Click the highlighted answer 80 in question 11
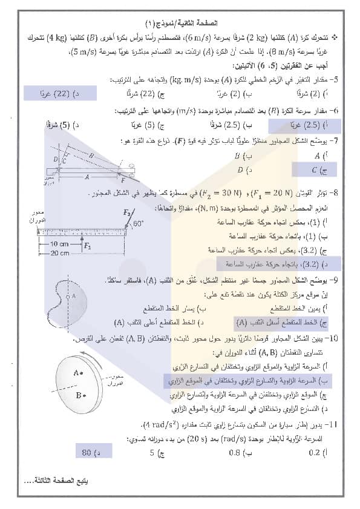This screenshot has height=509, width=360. pos(90,451)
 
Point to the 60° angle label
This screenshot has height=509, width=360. pos(139,223)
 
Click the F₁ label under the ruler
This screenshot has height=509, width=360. pos(88,246)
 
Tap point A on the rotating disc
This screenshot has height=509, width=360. pos(79,373)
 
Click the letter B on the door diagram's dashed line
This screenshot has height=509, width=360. pos(91,155)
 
